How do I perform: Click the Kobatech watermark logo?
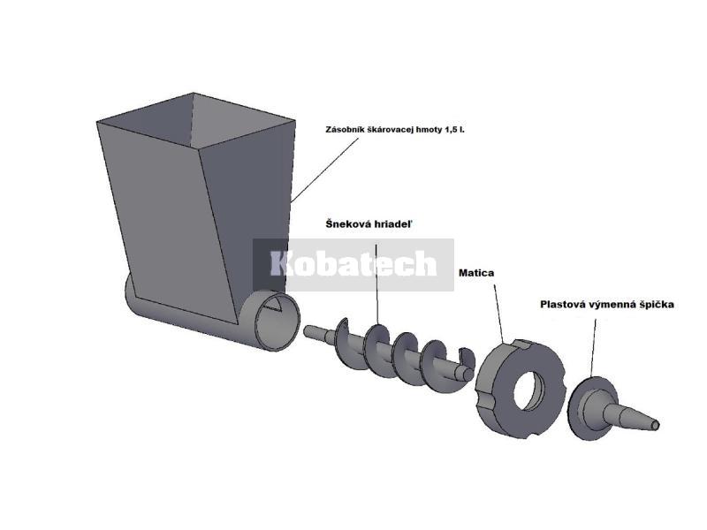coord(353,264)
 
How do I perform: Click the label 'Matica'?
coord(476,273)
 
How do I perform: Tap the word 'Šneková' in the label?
coord(347,224)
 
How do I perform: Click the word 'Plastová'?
coord(560,305)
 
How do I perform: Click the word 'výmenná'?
coord(610,305)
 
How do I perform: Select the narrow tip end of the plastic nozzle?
coord(655,424)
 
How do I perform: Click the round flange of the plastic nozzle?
coord(579,408)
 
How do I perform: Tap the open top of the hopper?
coord(196,121)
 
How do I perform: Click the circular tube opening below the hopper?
coord(277,321)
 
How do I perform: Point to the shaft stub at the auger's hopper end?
coord(318,333)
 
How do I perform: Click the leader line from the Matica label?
coord(499,314)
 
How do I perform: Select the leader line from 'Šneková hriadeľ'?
coord(377,284)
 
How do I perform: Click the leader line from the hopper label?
coord(324,170)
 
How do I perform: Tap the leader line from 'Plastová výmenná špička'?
coord(593,348)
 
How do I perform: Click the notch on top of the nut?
coord(522,344)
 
